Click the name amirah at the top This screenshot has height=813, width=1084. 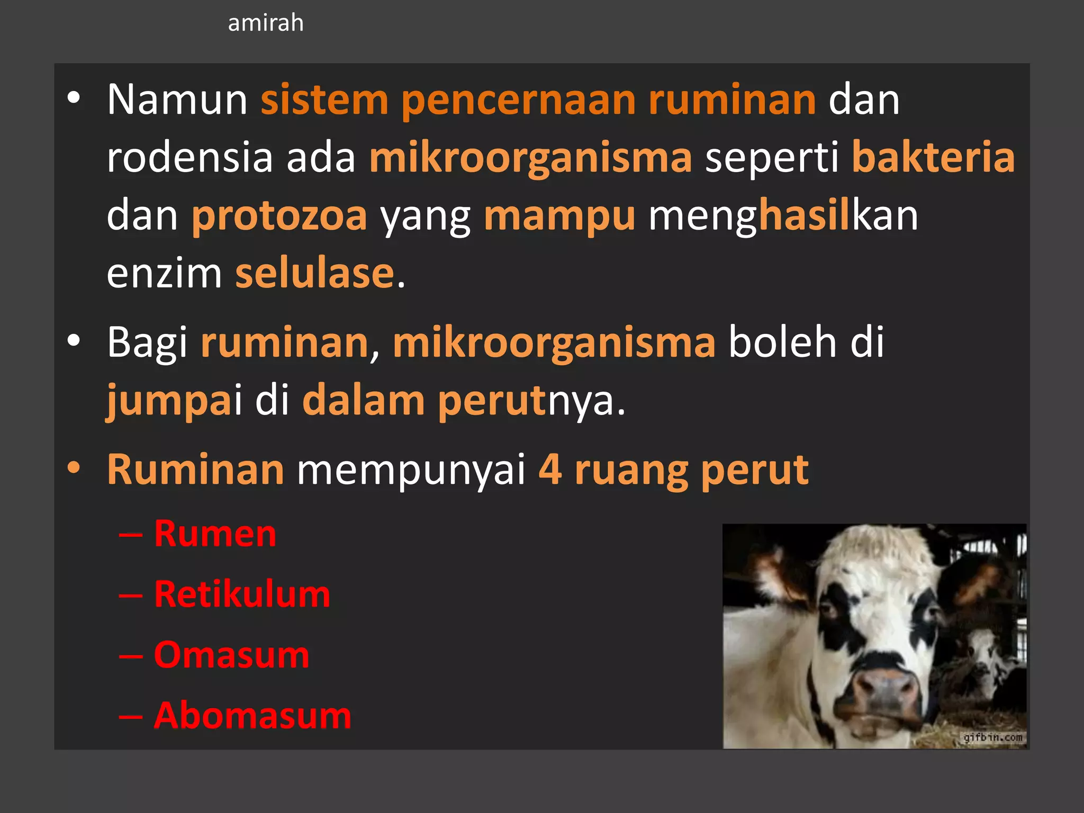point(266,23)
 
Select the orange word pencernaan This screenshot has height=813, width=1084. point(518,101)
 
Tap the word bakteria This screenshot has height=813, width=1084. point(933,158)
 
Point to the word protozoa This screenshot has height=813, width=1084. point(279,216)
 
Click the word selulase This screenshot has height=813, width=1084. point(315,274)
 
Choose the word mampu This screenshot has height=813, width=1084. point(559,216)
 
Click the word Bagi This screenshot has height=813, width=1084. point(147,343)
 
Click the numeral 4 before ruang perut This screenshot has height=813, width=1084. point(550,469)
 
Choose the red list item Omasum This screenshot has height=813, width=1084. point(231,655)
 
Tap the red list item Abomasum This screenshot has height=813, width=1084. point(252,716)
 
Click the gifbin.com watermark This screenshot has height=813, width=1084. point(992,737)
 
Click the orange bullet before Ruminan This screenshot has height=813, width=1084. point(74,467)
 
